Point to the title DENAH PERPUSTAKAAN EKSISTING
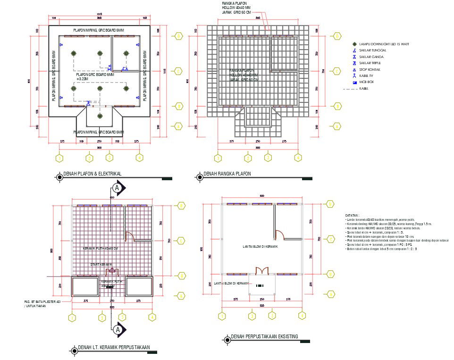(x=264, y=337)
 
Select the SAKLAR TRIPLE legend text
(x=370, y=63)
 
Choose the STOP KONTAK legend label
(x=370, y=69)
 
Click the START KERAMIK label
(x=101, y=264)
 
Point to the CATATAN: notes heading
(x=352, y=215)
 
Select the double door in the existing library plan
(x=262, y=271)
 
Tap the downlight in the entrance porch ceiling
(x=99, y=116)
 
